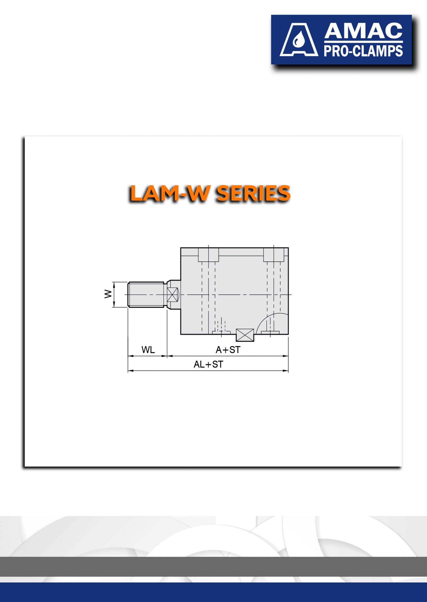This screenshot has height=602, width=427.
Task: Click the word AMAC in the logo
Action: tap(363, 31)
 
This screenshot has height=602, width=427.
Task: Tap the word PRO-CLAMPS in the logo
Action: tap(363, 51)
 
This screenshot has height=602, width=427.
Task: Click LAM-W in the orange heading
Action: tap(170, 193)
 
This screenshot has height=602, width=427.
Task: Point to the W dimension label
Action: tap(108, 294)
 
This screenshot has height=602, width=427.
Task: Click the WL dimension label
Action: tap(148, 350)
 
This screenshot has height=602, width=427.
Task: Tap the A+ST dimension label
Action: tap(228, 350)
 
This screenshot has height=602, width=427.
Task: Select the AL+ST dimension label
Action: tap(208, 364)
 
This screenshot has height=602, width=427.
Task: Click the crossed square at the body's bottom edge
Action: tap(245, 335)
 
